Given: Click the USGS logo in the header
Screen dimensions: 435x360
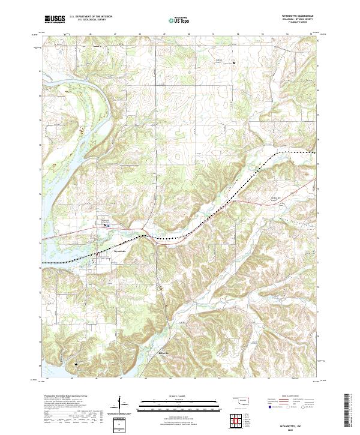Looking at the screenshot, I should (55, 19).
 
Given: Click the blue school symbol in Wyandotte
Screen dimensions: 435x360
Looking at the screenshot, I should (107, 225).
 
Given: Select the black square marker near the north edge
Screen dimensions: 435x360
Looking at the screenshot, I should (235, 63).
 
